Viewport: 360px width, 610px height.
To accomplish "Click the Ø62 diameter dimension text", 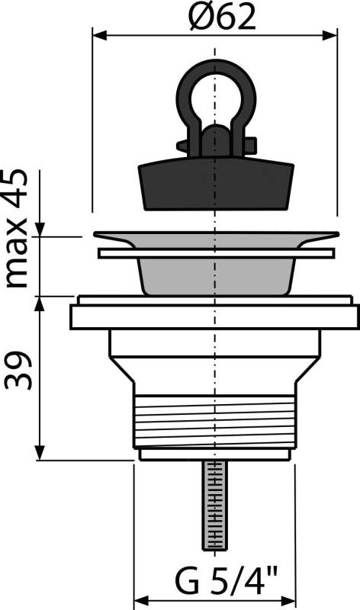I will coord(215,17).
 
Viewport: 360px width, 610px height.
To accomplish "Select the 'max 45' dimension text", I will coord(17,228).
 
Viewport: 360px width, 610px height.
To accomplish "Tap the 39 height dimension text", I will coord(18,371).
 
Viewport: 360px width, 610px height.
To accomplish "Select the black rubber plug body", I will coord(216,183).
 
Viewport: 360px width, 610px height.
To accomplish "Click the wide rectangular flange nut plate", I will coord(214,316).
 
